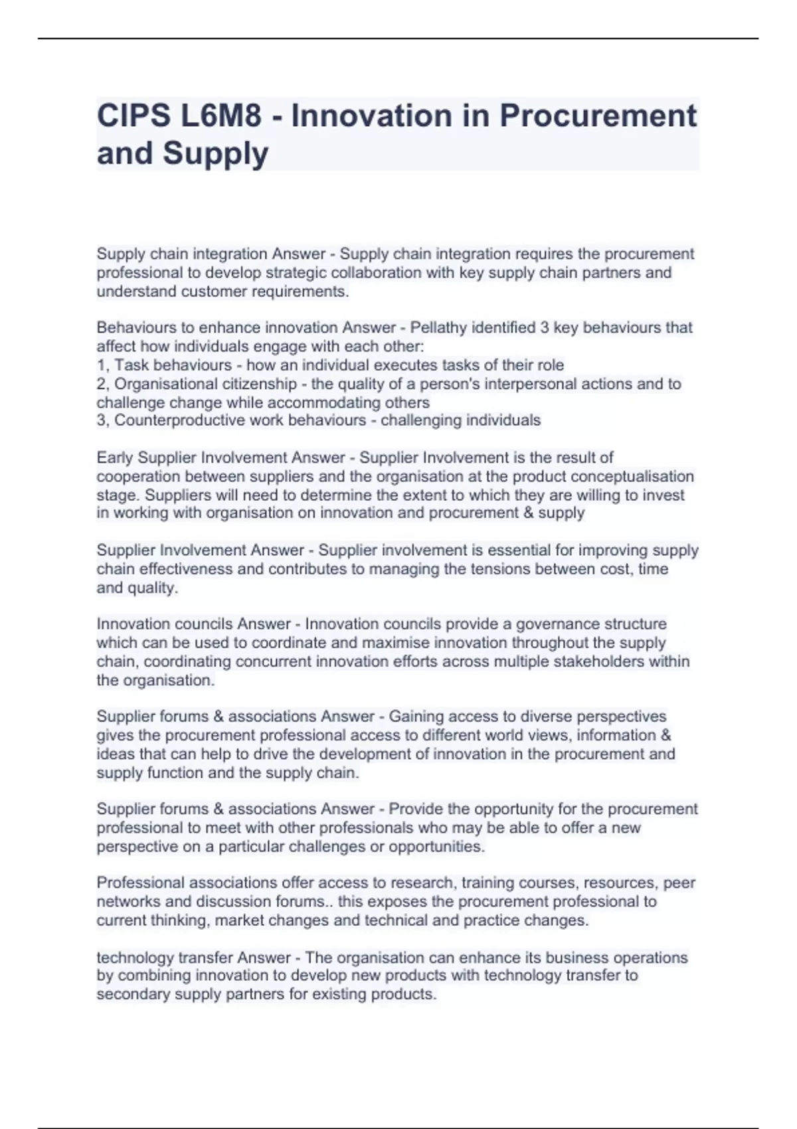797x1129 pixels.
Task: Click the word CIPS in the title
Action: point(132,116)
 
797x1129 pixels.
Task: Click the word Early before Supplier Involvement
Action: point(114,458)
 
